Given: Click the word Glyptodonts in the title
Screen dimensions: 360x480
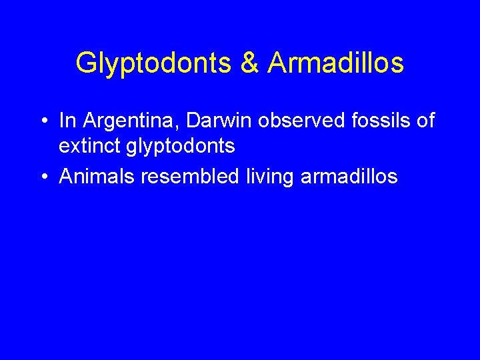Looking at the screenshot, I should click(x=152, y=63).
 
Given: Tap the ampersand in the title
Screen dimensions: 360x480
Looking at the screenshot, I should click(x=247, y=63).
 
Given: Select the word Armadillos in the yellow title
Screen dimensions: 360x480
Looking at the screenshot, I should click(x=336, y=63).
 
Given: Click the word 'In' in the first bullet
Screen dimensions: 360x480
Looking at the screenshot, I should click(x=65, y=121).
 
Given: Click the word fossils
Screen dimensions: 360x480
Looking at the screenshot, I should click(x=369, y=121).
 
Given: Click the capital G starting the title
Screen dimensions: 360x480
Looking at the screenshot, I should click(x=85, y=63).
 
